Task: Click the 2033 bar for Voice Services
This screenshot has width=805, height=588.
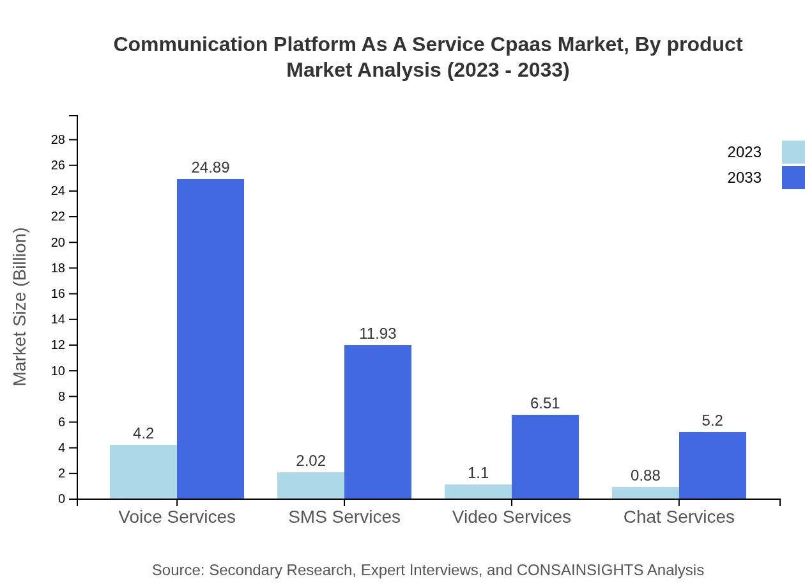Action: pyautogui.click(x=210, y=339)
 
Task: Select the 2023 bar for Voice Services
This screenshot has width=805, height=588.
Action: pyautogui.click(x=143, y=472)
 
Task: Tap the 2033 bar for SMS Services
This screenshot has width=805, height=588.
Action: pyautogui.click(x=378, y=422)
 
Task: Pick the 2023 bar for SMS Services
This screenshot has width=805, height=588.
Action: pyautogui.click(x=310, y=486)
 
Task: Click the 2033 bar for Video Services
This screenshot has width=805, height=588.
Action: pyautogui.click(x=545, y=456)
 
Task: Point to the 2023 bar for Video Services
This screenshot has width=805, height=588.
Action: pyautogui.click(x=478, y=491)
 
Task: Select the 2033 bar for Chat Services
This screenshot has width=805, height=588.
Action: pyautogui.click(x=712, y=465)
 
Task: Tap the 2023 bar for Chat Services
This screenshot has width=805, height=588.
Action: pyautogui.click(x=645, y=493)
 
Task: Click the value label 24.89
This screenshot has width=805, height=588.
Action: pyautogui.click(x=210, y=167)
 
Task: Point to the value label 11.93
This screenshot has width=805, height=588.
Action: pyautogui.click(x=378, y=334)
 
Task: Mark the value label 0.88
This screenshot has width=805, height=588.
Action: pyautogui.click(x=645, y=476)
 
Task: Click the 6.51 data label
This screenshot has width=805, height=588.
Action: pyautogui.click(x=545, y=403)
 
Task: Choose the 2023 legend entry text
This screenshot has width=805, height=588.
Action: pyautogui.click(x=744, y=152)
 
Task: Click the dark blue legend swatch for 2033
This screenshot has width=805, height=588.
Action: pyautogui.click(x=793, y=178)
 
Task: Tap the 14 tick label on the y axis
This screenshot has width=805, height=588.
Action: pyautogui.click(x=58, y=320)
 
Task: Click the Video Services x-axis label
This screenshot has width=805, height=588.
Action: pyautogui.click(x=511, y=516)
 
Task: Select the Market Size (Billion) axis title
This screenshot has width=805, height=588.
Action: pyautogui.click(x=20, y=307)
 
